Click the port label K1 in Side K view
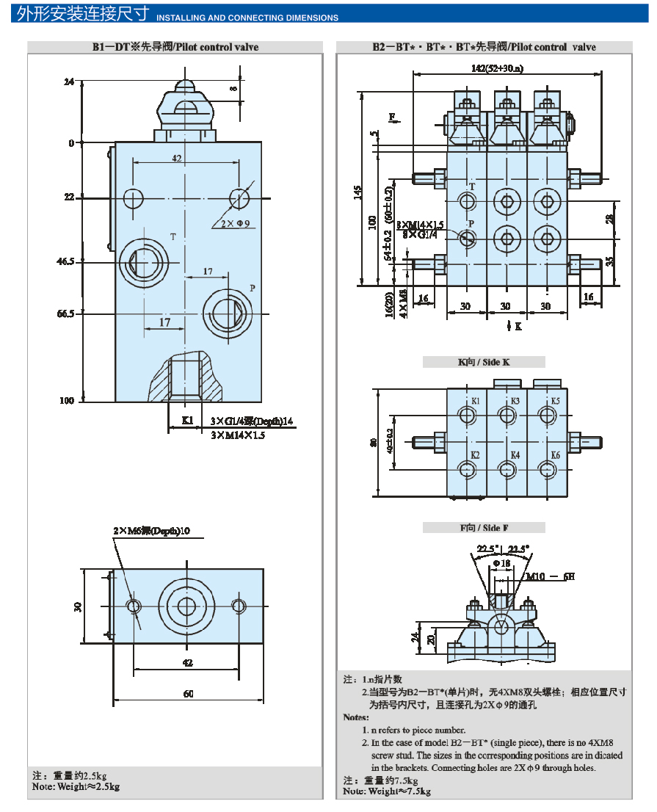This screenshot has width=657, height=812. tap(476, 402)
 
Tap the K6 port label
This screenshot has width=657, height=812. tap(555, 456)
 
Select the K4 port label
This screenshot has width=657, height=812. tap(515, 456)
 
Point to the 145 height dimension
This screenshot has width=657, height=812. tap(357, 192)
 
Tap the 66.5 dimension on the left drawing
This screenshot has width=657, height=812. tap(65, 313)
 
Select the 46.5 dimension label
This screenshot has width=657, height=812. tap(65, 261)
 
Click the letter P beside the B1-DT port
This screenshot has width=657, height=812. tap(252, 288)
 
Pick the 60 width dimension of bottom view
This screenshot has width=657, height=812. tap(188, 694)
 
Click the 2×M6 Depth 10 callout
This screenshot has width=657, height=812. tap(151, 530)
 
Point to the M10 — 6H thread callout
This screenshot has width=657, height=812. tap(550, 576)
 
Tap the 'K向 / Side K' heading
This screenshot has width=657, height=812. tap(484, 362)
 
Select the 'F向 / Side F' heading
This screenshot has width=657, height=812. tap(484, 527)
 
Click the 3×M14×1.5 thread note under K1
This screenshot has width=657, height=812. tap(237, 435)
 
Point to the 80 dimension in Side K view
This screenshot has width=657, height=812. tap(373, 443)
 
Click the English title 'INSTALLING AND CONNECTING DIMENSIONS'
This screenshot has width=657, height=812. tap(248, 18)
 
